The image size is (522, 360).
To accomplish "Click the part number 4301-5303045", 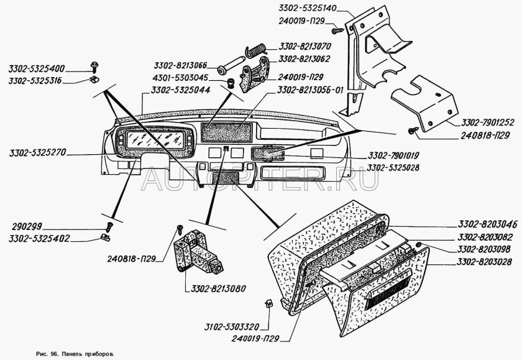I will [x=181, y=78].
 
